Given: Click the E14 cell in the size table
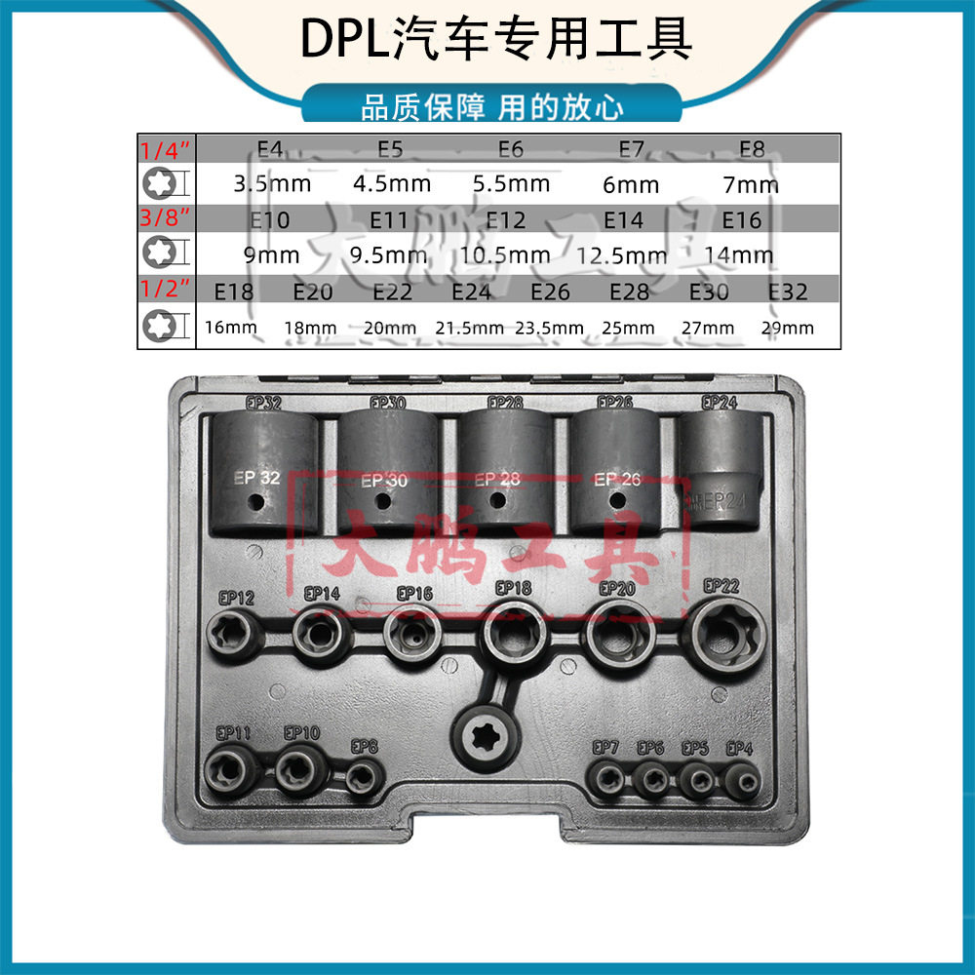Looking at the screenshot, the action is click(623, 220).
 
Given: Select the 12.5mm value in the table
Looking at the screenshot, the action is click(622, 255).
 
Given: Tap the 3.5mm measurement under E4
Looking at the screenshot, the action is click(272, 183).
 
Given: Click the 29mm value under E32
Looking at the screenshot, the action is click(787, 328).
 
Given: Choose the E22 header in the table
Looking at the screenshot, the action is click(392, 292).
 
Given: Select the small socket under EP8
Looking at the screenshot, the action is click(364, 777).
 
